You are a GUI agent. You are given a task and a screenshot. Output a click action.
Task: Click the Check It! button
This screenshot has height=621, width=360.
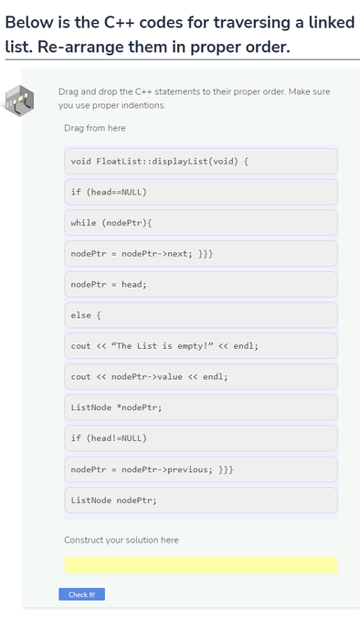tap(82, 595)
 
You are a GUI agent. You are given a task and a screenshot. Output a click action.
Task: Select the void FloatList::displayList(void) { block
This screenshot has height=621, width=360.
tap(200, 162)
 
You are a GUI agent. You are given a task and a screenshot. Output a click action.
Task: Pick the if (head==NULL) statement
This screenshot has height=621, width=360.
tap(200, 193)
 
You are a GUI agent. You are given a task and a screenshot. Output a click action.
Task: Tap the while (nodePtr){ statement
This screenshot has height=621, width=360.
tap(200, 224)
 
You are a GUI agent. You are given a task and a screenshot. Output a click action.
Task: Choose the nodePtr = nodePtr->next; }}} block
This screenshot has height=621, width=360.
tap(200, 254)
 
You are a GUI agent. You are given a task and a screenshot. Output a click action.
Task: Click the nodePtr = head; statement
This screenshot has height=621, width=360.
tap(200, 285)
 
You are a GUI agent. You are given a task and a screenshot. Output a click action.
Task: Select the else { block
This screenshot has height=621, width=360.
tap(200, 316)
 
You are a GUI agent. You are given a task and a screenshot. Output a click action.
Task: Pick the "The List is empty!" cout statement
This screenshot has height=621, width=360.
tap(200, 347)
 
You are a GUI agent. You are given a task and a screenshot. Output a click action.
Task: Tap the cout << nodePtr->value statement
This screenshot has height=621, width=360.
tap(200, 377)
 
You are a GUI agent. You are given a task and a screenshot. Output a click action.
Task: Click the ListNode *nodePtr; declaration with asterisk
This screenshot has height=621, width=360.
tap(200, 408)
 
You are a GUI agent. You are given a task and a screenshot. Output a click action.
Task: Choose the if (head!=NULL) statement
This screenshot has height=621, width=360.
tap(200, 439)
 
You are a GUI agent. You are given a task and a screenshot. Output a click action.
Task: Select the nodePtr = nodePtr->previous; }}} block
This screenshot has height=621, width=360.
tap(200, 469)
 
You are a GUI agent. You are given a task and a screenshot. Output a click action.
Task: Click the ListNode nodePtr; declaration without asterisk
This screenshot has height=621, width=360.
tap(200, 500)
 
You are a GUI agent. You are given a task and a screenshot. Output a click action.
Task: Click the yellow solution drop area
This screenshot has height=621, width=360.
tap(200, 565)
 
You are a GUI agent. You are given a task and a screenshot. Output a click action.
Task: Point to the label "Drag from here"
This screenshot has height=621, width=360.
tap(95, 129)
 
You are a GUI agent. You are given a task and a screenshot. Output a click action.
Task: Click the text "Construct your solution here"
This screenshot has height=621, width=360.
tap(122, 541)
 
